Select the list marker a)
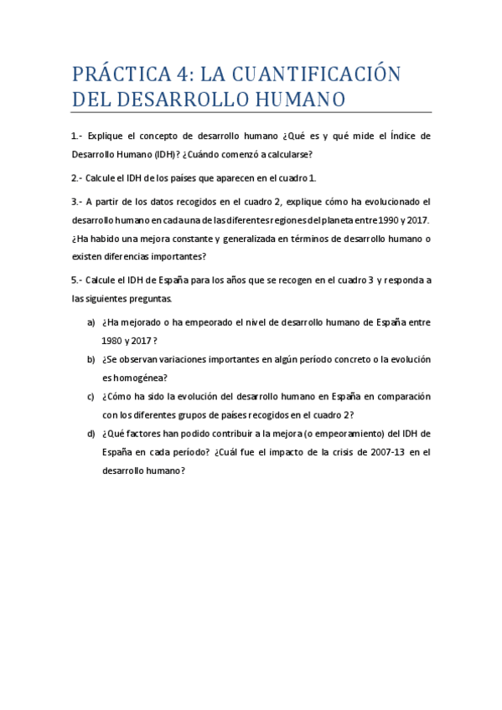pyautogui.click(x=91, y=322)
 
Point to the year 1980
pyautogui.click(x=114, y=340)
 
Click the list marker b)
pyautogui.click(x=91, y=359)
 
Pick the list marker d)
pyautogui.click(x=91, y=433)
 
